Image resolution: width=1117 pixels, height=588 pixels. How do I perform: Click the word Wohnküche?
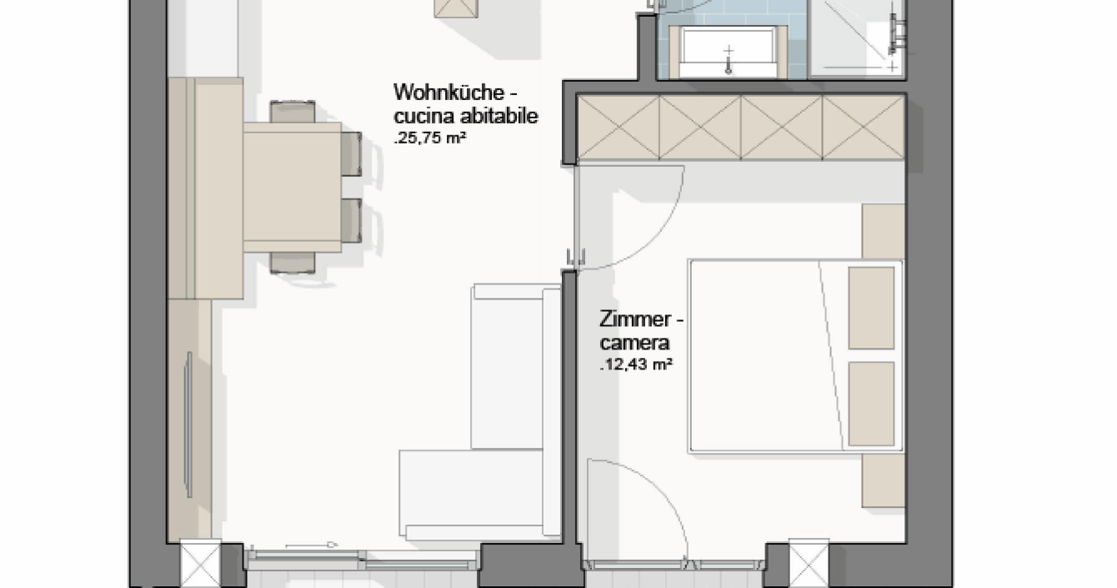click(x=448, y=93)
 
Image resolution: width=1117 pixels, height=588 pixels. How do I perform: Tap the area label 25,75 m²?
click(x=430, y=138)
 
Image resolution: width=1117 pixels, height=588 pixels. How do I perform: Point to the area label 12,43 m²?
click(x=636, y=364)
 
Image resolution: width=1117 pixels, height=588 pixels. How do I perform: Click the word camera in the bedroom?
click(x=634, y=343)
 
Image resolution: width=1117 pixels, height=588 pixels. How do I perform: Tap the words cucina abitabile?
click(x=466, y=116)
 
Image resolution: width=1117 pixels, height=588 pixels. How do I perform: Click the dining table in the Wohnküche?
click(x=293, y=188)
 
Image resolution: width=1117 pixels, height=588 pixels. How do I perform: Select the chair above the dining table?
click(x=293, y=112)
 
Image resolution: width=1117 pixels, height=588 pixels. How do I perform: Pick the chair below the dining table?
click(x=293, y=263)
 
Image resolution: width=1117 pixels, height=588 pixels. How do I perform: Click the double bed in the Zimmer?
click(x=796, y=356)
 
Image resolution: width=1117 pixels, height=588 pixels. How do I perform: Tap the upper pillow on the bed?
click(x=871, y=308)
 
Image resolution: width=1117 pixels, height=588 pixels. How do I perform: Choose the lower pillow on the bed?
click(x=871, y=404)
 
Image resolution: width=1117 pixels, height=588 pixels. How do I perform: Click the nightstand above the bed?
click(x=884, y=231)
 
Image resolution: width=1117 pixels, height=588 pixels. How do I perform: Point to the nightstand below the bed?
click(x=884, y=480)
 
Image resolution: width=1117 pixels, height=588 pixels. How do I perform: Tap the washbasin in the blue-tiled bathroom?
click(x=728, y=53)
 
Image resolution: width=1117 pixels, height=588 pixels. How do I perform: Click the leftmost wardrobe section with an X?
click(x=619, y=128)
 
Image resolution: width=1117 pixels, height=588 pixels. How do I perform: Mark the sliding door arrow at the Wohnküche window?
click(x=312, y=545)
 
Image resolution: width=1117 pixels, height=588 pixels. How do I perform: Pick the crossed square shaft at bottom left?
click(x=200, y=564)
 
